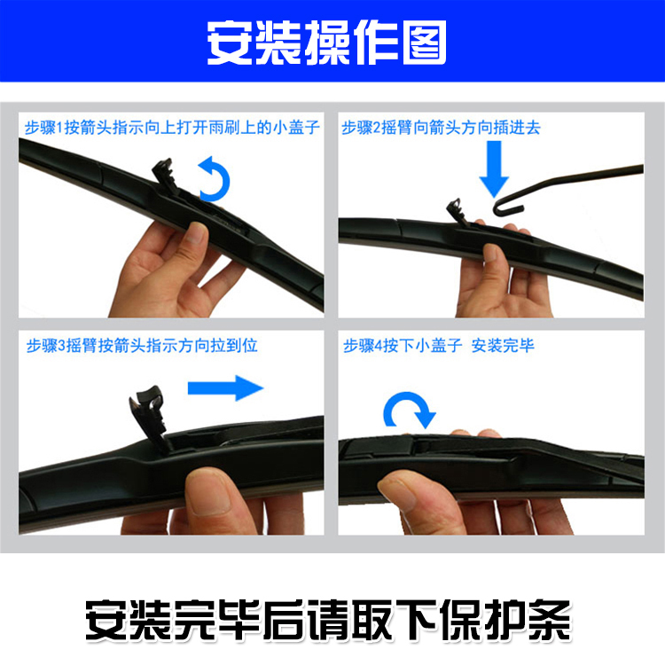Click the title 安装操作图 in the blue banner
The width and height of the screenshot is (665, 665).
(326, 43)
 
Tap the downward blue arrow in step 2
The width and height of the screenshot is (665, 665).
(494, 168)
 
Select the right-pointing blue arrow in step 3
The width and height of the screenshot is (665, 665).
(225, 387)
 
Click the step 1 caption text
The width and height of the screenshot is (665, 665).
(172, 127)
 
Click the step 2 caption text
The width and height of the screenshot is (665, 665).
(441, 127)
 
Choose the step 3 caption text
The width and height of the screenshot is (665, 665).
(142, 346)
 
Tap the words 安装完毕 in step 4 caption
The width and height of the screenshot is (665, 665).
(503, 346)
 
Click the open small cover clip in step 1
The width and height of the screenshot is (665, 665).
(164, 174)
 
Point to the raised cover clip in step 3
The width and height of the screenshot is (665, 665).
(148, 413)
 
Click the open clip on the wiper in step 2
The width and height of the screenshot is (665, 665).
(457, 211)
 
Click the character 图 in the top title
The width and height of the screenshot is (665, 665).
(425, 43)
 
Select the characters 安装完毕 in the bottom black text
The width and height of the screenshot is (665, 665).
(173, 620)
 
